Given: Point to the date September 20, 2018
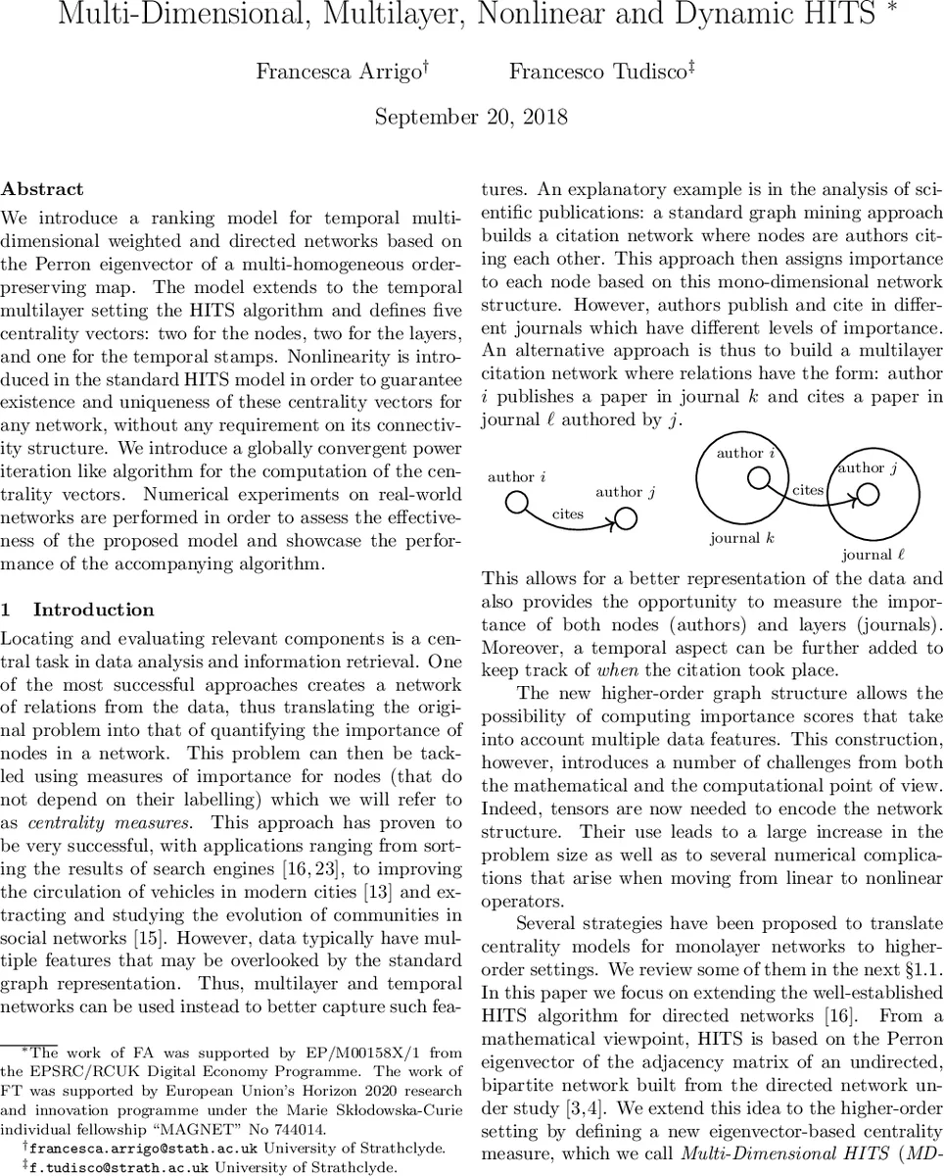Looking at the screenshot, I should (471, 118).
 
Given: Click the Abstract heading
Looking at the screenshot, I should (42, 189).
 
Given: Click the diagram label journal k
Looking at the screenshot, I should (741, 538).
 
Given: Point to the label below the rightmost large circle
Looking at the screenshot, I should (873, 555).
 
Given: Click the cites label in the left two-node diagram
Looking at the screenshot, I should (568, 513).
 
